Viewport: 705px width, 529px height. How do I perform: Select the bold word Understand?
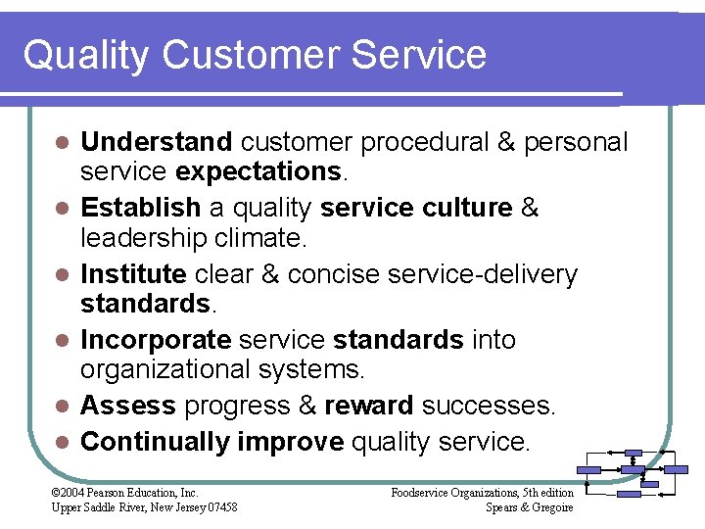tap(157, 142)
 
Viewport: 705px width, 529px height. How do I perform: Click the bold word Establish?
tap(141, 208)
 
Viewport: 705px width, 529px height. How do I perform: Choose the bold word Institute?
tap(133, 273)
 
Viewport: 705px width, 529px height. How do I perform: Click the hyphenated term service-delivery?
tap(483, 273)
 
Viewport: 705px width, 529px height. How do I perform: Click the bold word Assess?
tap(128, 406)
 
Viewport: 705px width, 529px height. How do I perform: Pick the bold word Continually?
tap(155, 442)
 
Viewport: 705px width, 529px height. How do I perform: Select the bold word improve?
tap(290, 442)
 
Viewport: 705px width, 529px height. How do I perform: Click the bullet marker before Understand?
tap(61, 143)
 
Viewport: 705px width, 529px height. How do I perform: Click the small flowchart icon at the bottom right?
tap(633, 474)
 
